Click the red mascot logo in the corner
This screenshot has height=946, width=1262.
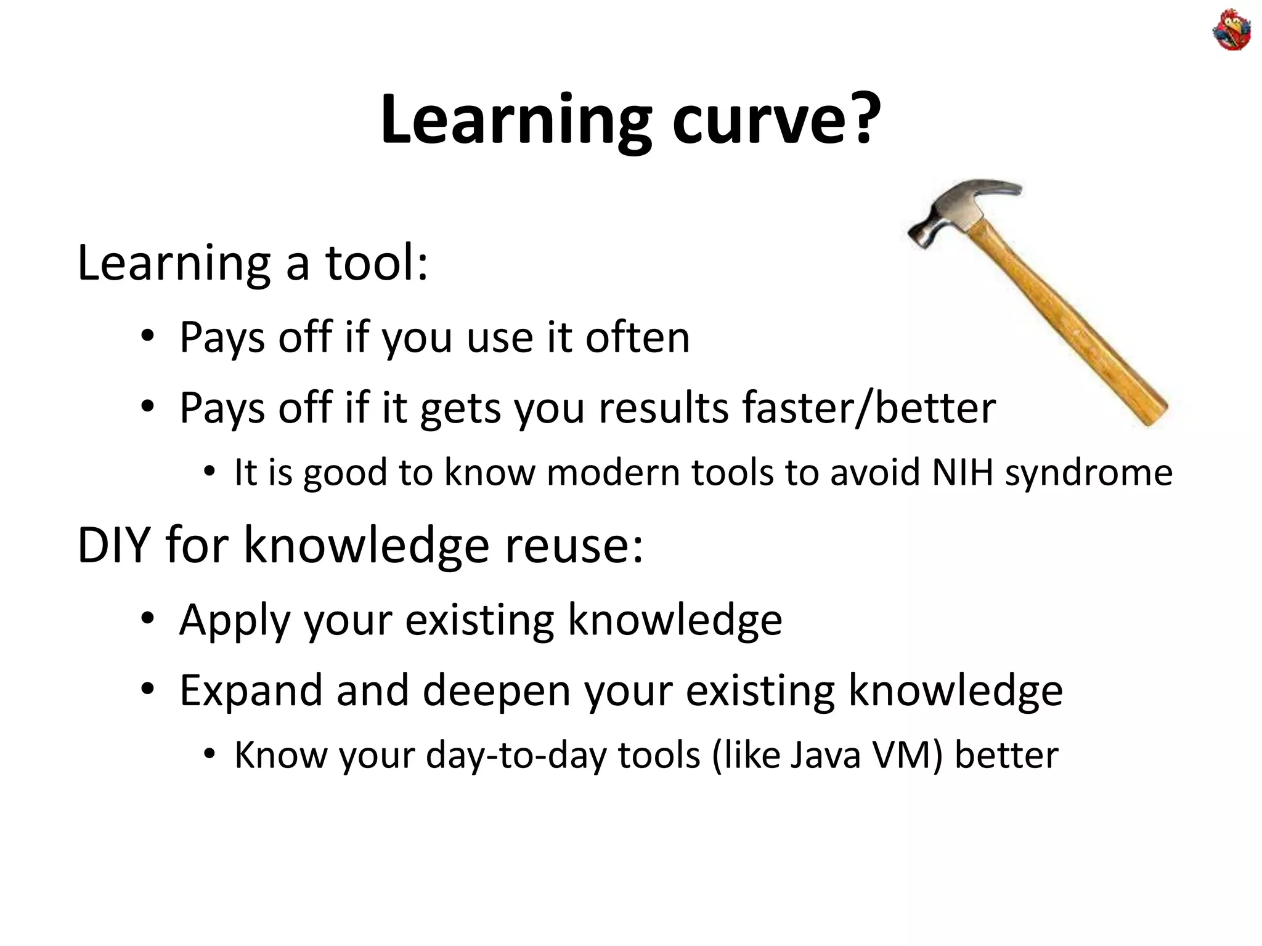[1231, 30]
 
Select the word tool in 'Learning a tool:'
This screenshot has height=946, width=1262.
[375, 263]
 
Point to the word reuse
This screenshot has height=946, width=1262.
[573, 546]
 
